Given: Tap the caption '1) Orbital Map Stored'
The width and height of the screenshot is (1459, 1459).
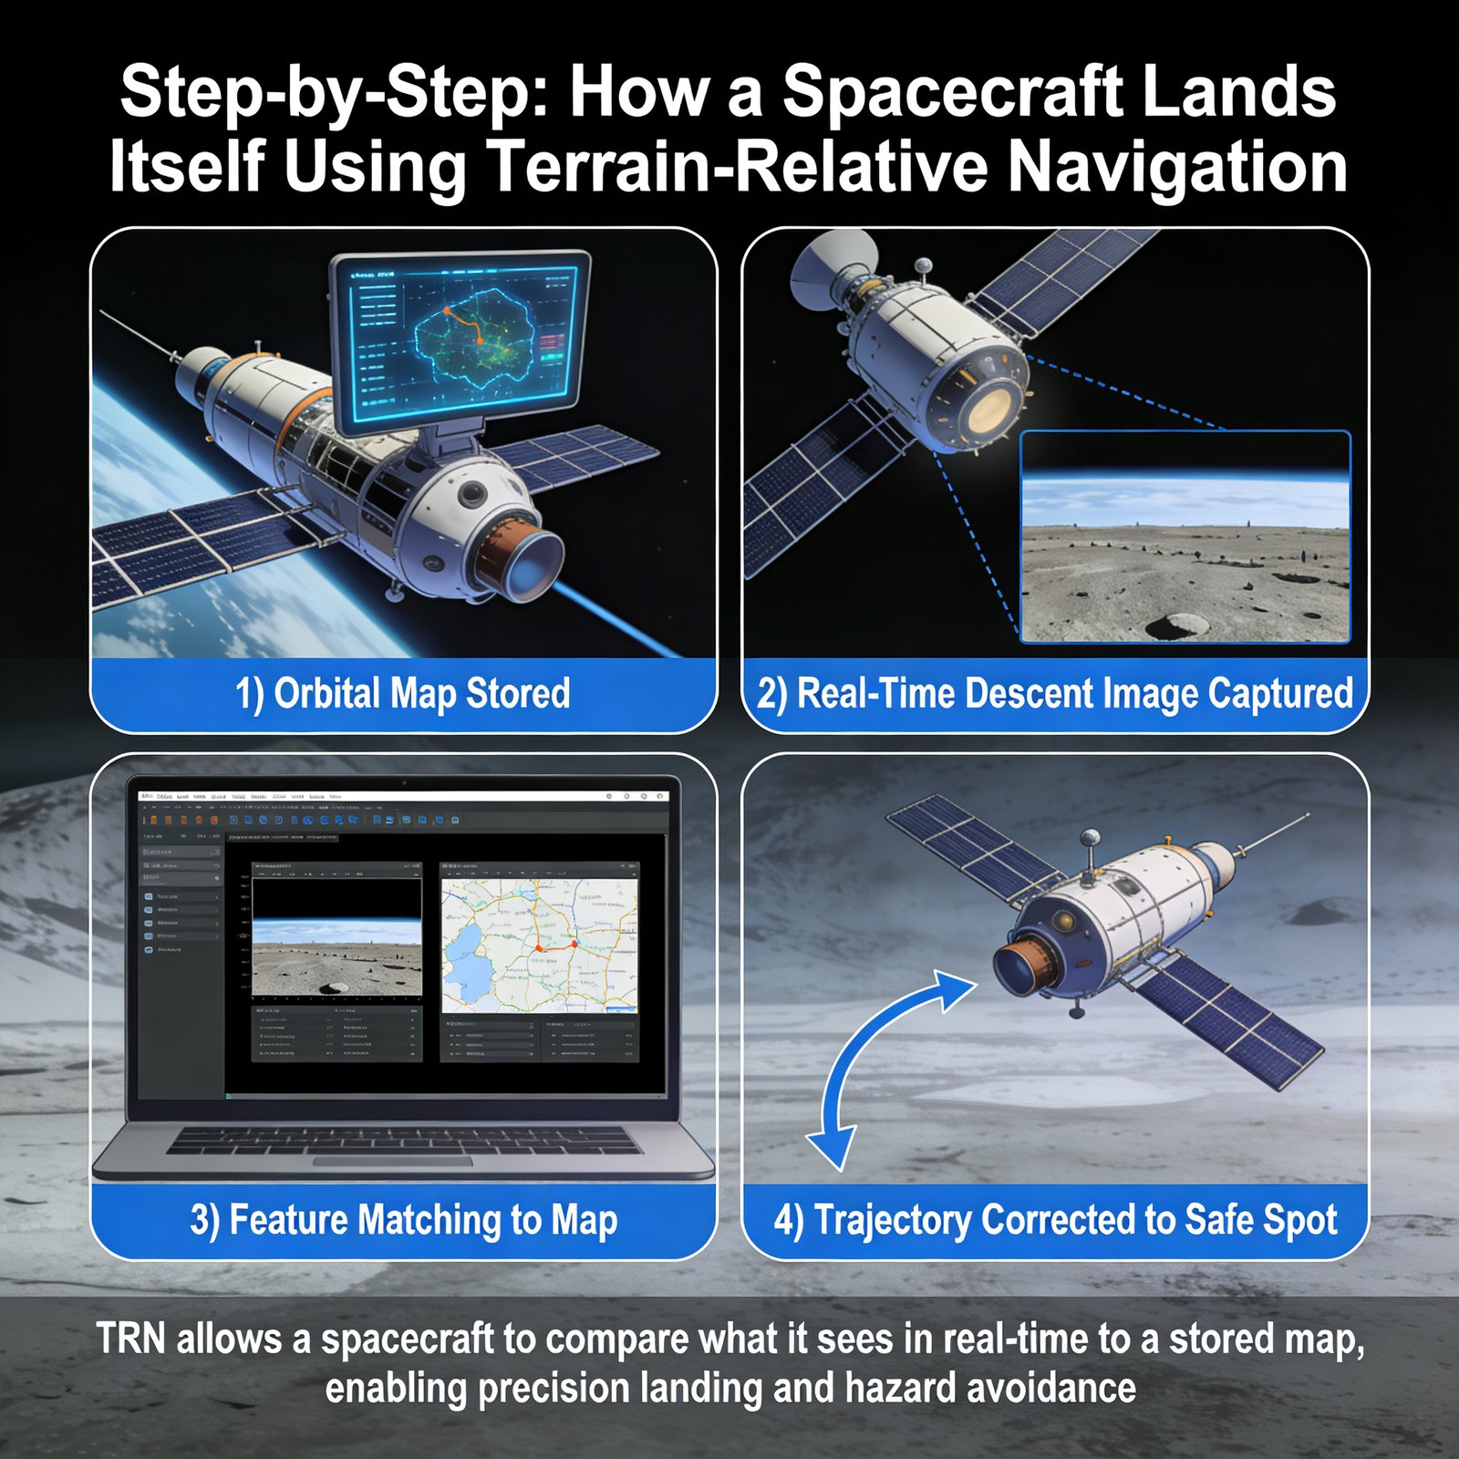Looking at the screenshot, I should [402, 694].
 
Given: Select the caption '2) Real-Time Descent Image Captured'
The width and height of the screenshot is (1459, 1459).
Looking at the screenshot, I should [1055, 694].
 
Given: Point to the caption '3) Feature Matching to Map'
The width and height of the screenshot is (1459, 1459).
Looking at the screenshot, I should [403, 1220].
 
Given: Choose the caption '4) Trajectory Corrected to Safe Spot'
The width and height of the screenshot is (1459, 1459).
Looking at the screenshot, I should [1055, 1220].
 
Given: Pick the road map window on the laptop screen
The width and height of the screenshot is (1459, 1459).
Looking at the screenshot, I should [540, 944].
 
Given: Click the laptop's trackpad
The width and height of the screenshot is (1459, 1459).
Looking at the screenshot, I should [392, 1161].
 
